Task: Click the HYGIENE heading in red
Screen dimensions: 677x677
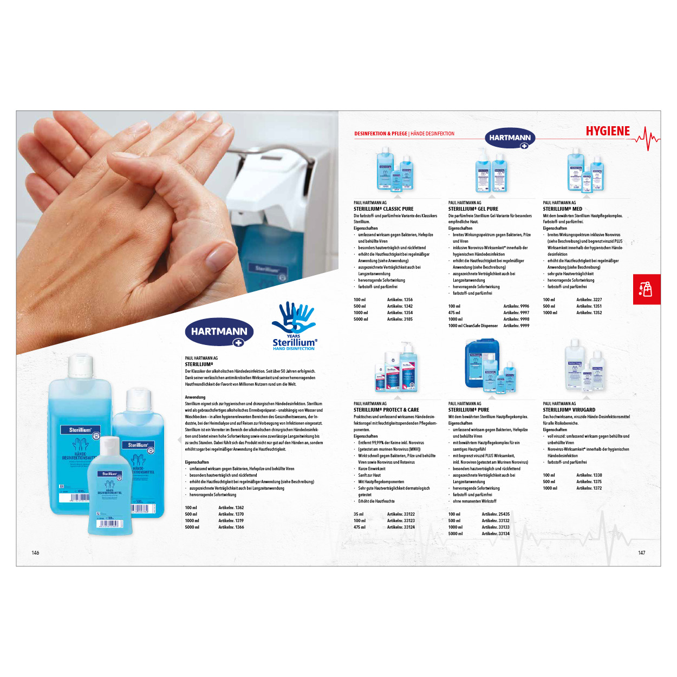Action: click(608, 131)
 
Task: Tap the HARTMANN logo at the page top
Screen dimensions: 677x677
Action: click(510, 138)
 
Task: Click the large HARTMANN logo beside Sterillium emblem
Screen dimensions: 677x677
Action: click(219, 331)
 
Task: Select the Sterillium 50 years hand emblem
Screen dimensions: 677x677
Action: click(295, 326)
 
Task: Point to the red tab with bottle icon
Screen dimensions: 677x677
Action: click(647, 289)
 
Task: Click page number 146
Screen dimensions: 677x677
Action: click(35, 553)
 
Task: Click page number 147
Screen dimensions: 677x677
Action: click(641, 553)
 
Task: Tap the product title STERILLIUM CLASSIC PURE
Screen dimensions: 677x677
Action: click(383, 209)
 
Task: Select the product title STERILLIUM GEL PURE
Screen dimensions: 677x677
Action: click(473, 209)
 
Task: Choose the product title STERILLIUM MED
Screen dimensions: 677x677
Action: click(562, 209)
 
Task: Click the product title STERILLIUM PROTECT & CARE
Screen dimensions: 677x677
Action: click(386, 410)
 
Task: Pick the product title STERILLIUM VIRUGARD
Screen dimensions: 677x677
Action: click(569, 410)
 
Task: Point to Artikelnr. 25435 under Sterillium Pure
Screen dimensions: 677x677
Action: click(496, 514)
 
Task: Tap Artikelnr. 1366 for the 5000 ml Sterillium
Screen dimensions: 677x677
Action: click(231, 527)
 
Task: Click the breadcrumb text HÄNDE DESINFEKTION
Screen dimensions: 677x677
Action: click(432, 134)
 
